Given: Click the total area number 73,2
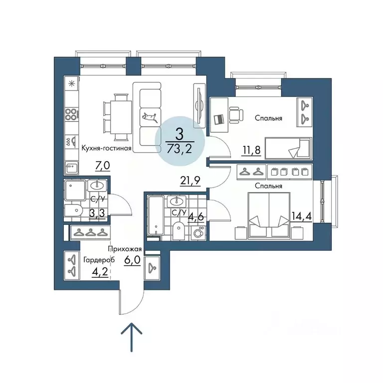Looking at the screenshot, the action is click(180, 148).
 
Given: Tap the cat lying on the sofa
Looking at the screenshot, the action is click(151, 117).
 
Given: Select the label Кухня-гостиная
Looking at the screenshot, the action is click(106, 148).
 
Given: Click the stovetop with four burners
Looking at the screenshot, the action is click(72, 114).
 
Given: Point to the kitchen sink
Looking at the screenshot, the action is click(72, 168).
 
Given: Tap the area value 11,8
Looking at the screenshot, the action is click(251, 150).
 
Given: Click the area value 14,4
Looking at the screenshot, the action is click(302, 216).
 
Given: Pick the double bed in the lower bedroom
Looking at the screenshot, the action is click(269, 215).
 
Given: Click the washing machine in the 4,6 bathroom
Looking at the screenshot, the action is click(198, 233).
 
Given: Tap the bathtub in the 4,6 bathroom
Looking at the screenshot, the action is click(156, 215).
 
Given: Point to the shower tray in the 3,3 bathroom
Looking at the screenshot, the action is click(75, 191).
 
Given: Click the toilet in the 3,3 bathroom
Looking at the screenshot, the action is click(73, 210).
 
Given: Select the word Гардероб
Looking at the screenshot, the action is click(99, 260).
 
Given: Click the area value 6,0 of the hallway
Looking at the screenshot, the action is click(132, 260).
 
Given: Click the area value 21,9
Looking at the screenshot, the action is click(190, 181).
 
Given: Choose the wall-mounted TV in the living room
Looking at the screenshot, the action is click(199, 106).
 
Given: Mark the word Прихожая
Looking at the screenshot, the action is click(125, 249).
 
